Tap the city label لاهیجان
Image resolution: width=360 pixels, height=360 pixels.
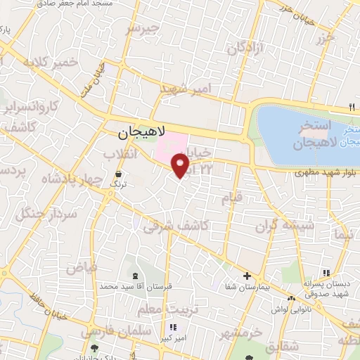click(x=141, y=131)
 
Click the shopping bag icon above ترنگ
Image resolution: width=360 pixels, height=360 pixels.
click(x=117, y=173)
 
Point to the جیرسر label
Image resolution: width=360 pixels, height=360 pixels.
click(x=143, y=30)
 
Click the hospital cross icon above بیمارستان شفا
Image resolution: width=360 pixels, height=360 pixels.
click(x=247, y=276)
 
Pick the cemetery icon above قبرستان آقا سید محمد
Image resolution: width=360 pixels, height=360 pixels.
click(x=135, y=276)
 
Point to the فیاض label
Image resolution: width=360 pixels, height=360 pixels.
click(x=79, y=267)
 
